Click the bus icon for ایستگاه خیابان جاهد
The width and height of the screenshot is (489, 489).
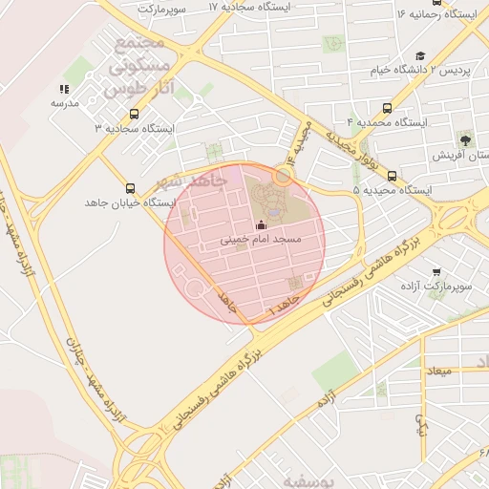tap(130, 187)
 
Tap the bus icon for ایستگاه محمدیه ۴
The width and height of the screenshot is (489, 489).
tap(386, 108)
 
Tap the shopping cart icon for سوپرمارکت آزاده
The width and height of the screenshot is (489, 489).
tap(436, 271)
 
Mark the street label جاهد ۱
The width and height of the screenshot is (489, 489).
tap(284, 306)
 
